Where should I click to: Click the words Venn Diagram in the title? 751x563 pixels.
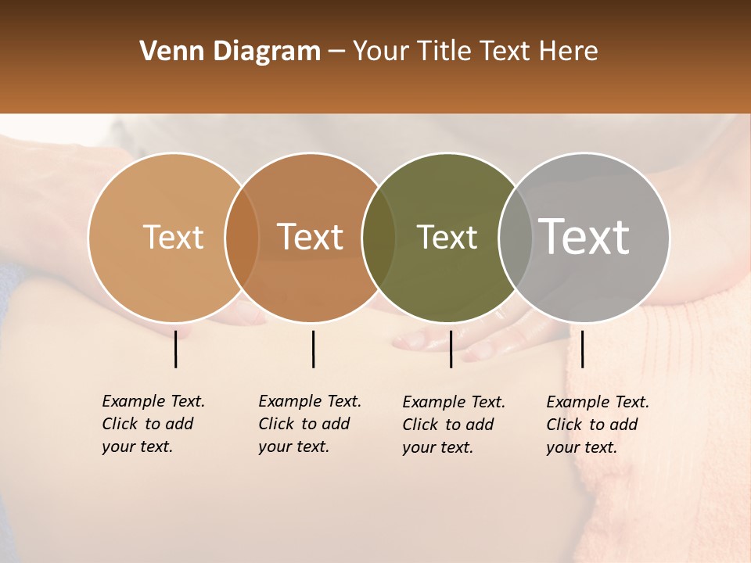pyautogui.click(x=230, y=52)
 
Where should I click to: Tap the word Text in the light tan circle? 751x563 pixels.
pyautogui.click(x=173, y=237)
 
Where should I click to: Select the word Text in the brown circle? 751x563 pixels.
pyautogui.click(x=311, y=237)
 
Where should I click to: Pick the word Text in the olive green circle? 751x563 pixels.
pyautogui.click(x=447, y=237)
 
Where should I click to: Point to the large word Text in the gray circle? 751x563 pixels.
pyautogui.click(x=584, y=237)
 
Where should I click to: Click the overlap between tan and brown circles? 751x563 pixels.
pyautogui.click(x=242, y=238)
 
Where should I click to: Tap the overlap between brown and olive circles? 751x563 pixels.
pyautogui.click(x=379, y=238)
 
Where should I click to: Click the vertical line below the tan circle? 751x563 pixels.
pyautogui.click(x=175, y=349)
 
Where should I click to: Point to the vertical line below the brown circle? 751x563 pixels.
pyautogui.click(x=313, y=349)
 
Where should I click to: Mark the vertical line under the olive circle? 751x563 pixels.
pyautogui.click(x=451, y=349)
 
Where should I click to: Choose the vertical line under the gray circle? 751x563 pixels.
pyautogui.click(x=582, y=349)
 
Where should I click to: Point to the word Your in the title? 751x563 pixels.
pyautogui.click(x=381, y=52)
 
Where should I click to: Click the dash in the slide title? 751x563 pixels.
pyautogui.click(x=336, y=52)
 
